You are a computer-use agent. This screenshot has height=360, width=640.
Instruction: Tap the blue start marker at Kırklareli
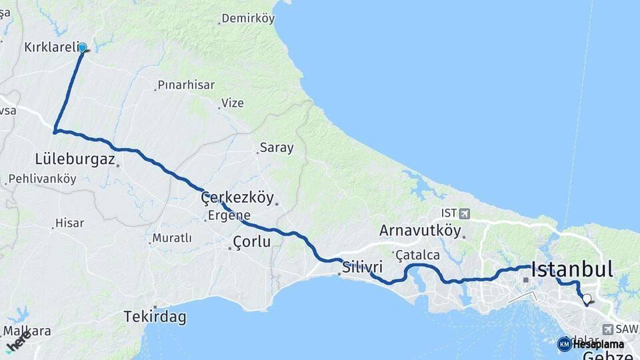83,47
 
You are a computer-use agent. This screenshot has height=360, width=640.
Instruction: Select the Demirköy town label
248,19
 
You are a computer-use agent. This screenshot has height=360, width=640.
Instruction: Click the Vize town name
233,103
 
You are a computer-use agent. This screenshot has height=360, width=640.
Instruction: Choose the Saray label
277,148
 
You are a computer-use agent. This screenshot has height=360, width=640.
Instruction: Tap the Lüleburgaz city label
75,159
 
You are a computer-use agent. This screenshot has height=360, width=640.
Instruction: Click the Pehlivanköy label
42,179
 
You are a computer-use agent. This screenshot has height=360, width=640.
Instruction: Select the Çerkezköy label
237,197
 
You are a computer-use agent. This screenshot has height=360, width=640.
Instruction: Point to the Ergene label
229,215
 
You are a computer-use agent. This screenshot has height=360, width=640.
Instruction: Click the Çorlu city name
251,241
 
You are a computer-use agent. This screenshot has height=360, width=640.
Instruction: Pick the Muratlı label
172,238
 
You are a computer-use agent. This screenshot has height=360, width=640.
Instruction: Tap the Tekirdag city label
155,317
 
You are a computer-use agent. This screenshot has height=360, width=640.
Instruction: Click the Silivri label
363,268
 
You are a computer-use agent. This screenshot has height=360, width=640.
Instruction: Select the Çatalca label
418,255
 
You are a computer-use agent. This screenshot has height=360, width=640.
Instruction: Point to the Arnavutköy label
420,231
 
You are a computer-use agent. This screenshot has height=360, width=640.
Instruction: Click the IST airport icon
464,213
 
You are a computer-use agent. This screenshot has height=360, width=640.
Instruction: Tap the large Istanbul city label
571,269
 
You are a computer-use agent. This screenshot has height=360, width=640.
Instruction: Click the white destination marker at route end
587,299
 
